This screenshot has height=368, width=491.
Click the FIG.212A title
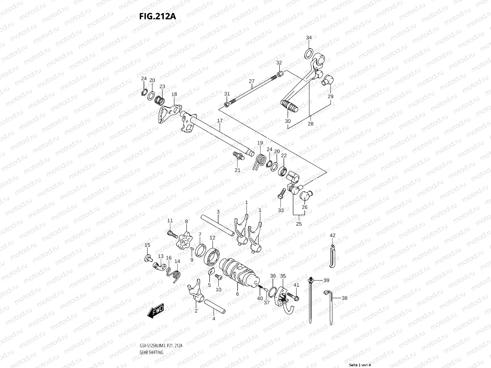pos(157,16)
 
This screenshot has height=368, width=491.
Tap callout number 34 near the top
pos(309,38)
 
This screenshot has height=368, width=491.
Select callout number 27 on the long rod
pos(252,81)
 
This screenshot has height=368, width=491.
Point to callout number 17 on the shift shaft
pos(220,121)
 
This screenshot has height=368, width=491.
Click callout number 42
pos(333,236)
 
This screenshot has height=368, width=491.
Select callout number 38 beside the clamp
pos(345,298)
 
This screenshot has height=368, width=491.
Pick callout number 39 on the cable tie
pos(326,280)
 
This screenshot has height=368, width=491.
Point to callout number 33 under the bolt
pos(281,210)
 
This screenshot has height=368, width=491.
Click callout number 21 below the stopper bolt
pos(238,170)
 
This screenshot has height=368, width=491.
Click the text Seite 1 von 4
pos(360,365)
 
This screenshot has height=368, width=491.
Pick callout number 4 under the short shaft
pos(214,319)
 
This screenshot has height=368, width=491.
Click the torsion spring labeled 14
pos(176,275)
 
